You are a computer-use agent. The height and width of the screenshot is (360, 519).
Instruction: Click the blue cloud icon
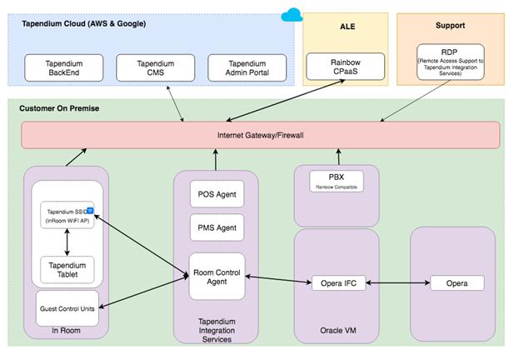pos(292,14)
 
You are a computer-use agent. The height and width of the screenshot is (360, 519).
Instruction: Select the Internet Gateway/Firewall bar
pos(261,134)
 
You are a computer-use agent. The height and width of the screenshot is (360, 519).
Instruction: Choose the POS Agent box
pos(217,194)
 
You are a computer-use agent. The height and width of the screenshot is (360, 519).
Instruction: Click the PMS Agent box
pos(217,227)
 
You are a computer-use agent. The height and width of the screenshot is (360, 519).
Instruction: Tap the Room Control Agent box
pos(217,276)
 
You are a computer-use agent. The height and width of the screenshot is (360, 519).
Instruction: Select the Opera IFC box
pos(337,283)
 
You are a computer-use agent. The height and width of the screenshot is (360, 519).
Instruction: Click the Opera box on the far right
pos(457,283)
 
